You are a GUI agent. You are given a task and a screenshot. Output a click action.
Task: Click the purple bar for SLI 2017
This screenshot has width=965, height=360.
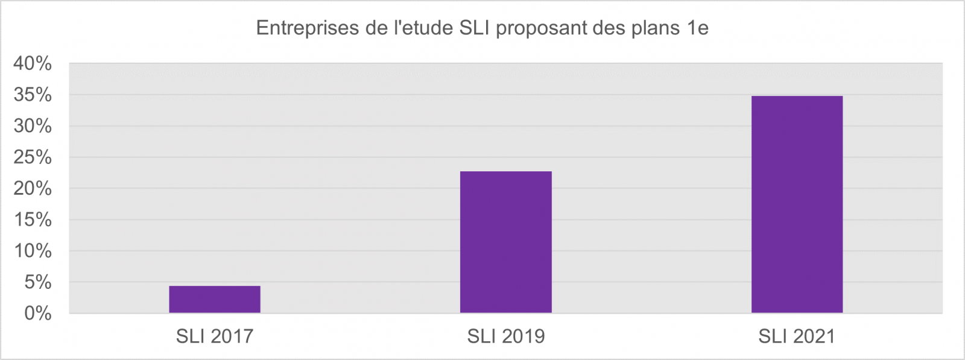pyautogui.click(x=215, y=299)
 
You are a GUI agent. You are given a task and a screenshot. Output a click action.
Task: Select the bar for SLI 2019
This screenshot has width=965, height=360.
pyautogui.click(x=505, y=242)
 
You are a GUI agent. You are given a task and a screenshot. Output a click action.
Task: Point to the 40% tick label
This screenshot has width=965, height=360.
pyautogui.click(x=33, y=63)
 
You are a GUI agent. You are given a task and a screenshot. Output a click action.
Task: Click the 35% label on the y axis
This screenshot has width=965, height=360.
pyautogui.click(x=33, y=95)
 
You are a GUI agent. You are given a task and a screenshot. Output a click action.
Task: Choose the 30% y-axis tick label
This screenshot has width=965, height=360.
pyautogui.click(x=33, y=126)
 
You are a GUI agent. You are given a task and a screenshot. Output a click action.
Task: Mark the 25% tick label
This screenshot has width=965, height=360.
pyautogui.click(x=33, y=157)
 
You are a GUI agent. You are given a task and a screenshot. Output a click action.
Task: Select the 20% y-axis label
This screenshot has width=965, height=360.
pyautogui.click(x=33, y=189)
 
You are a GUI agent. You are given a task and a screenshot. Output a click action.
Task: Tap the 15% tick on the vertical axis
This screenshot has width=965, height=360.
pyautogui.click(x=33, y=219)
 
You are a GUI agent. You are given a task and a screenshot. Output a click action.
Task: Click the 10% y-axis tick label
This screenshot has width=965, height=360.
pyautogui.click(x=33, y=251)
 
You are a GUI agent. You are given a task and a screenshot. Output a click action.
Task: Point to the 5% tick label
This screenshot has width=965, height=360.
pyautogui.click(x=37, y=282)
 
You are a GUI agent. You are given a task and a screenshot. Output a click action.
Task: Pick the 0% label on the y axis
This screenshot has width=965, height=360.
pyautogui.click(x=37, y=314)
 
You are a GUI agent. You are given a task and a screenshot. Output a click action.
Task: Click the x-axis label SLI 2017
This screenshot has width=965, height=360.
pyautogui.click(x=215, y=336)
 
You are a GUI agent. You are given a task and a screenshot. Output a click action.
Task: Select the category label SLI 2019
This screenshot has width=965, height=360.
pyautogui.click(x=505, y=336)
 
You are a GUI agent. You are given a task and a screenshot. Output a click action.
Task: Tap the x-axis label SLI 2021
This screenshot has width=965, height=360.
pyautogui.click(x=797, y=336)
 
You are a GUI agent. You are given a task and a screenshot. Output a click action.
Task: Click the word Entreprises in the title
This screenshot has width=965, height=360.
pyautogui.click(x=307, y=28)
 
